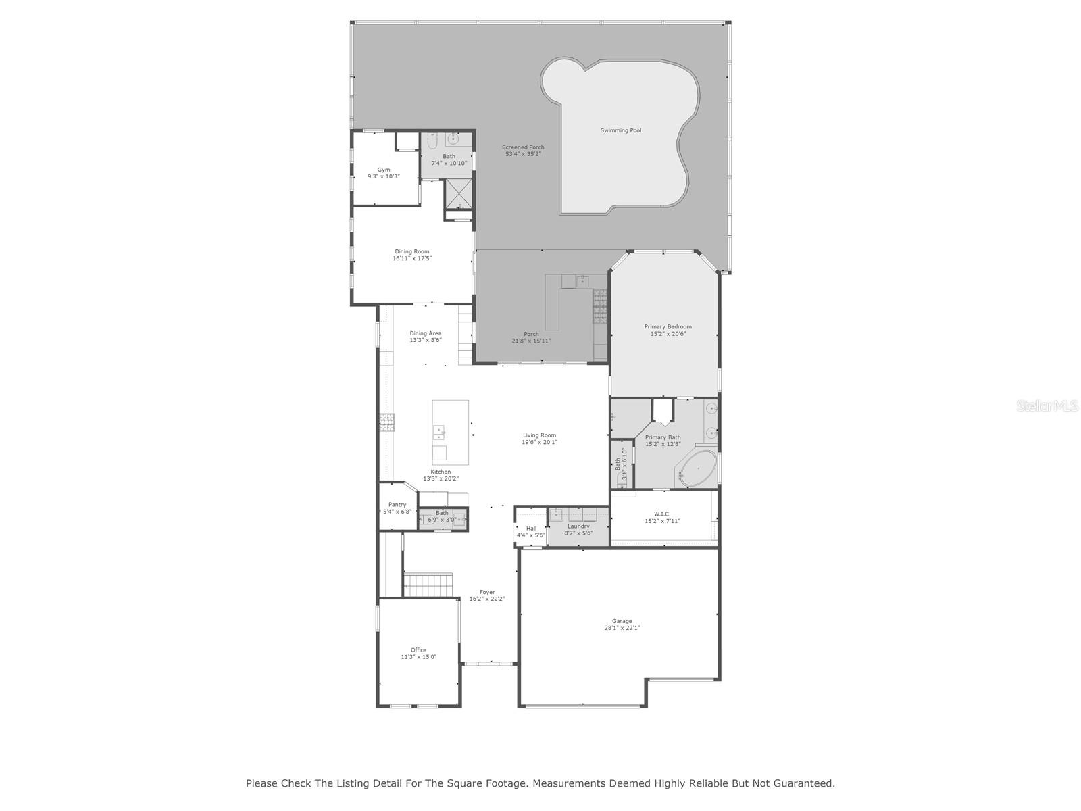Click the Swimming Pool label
pyautogui.click(x=620, y=130)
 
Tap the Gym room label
pyautogui.click(x=384, y=170)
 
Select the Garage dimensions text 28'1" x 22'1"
pyautogui.click(x=622, y=628)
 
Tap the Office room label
pyautogui.click(x=418, y=650)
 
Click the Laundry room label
pyautogui.click(x=578, y=526)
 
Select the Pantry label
pyautogui.click(x=397, y=505)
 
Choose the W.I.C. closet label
pyautogui.click(x=662, y=514)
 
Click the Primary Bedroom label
pyautogui.click(x=668, y=327)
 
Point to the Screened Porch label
pyautogui.click(x=522, y=147)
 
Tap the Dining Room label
pyautogui.click(x=411, y=251)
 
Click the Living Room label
pyautogui.click(x=539, y=435)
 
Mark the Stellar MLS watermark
pyautogui.click(x=1047, y=405)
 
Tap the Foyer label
pyautogui.click(x=487, y=592)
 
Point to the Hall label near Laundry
pyautogui.click(x=531, y=529)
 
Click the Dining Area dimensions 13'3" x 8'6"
pyautogui.click(x=426, y=340)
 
